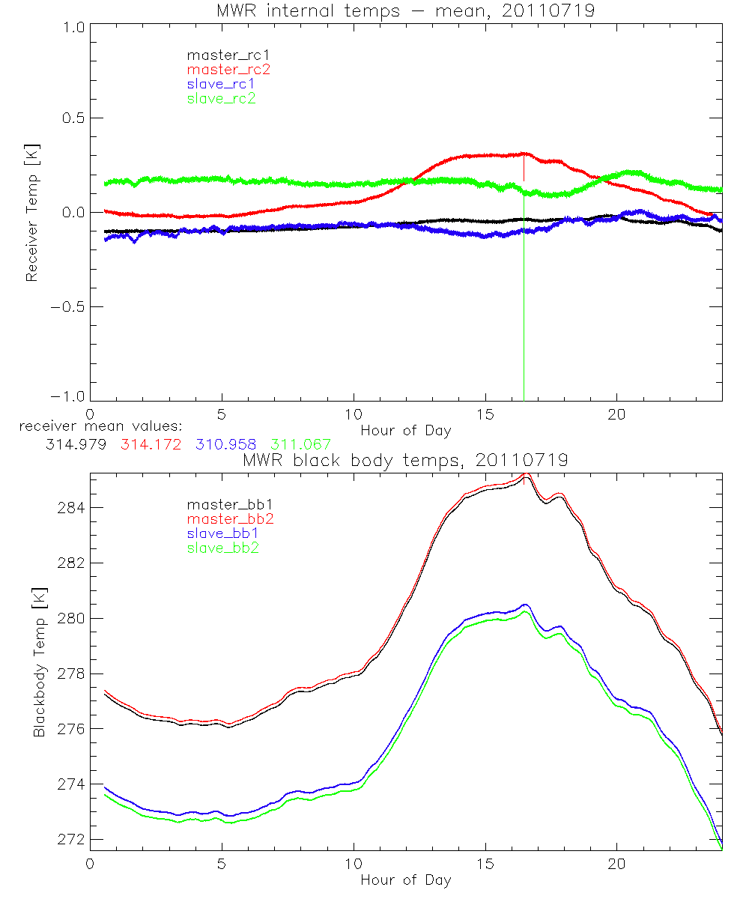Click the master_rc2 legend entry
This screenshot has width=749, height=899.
click(x=228, y=70)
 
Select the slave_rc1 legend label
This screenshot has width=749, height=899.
click(x=221, y=84)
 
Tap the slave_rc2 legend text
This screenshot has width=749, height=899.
click(x=221, y=98)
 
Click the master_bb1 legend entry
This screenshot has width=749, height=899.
click(x=228, y=505)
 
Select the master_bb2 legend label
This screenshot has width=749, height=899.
click(x=228, y=519)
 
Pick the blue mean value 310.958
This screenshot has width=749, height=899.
click(x=225, y=445)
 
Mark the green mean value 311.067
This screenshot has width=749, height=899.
click(x=300, y=445)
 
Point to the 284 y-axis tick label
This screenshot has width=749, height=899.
click(x=73, y=508)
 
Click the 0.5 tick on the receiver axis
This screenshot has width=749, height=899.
click(x=73, y=118)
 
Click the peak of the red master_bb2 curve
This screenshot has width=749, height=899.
click(x=527, y=474)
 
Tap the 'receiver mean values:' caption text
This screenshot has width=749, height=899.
click(x=95, y=427)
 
